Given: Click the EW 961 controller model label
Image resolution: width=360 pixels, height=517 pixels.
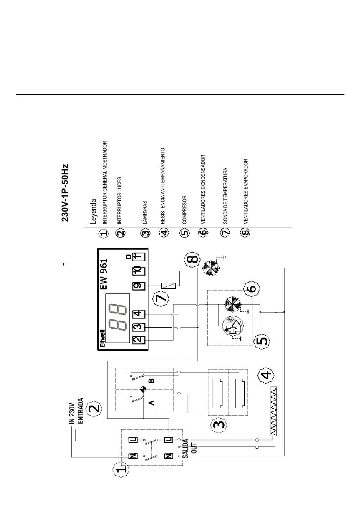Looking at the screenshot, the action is (x=104, y=274).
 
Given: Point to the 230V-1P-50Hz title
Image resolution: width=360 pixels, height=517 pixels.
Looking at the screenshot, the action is (x=65, y=193).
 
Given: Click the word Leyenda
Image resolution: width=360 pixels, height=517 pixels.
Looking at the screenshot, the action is (x=93, y=211).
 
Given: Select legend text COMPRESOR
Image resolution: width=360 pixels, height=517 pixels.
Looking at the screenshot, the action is (x=184, y=210).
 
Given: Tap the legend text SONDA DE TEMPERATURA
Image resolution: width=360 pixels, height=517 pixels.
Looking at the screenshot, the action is (x=225, y=196).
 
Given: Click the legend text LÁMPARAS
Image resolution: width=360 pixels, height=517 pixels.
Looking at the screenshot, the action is (x=145, y=212).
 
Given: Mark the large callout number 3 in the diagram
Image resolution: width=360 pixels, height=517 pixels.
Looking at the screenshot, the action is (x=219, y=424).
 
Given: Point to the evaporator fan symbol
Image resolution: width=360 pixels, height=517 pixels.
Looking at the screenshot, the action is (x=211, y=268).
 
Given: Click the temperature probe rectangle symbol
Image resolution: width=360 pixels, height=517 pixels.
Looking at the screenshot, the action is (x=169, y=286).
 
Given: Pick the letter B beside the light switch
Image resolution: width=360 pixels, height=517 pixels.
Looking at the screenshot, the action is (x=151, y=380).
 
